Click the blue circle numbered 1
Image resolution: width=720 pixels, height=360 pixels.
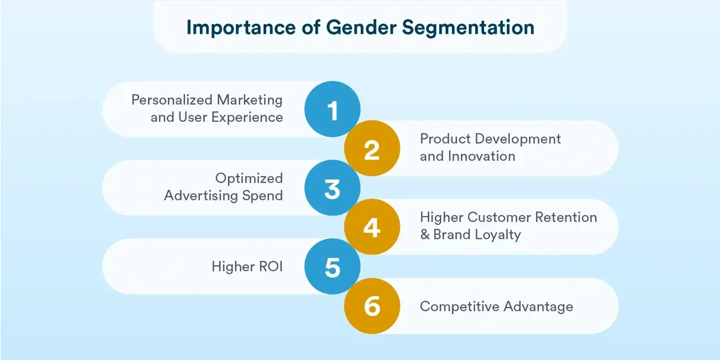pyautogui.click(x=332, y=109)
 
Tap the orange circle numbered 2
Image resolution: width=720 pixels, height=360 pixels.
pyautogui.click(x=372, y=148)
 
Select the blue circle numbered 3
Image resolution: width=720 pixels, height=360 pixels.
pyautogui.click(x=332, y=188)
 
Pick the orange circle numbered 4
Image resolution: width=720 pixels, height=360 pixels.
pyautogui.click(x=372, y=227)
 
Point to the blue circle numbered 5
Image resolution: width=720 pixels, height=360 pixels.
pyautogui.click(x=332, y=266)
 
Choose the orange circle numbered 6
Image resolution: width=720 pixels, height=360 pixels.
pyautogui.click(x=372, y=306)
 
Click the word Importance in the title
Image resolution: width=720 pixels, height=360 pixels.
pyautogui.click(x=241, y=28)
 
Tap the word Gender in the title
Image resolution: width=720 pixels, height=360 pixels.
pyautogui.click(x=361, y=27)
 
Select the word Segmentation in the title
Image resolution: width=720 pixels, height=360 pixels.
pyautogui.click(x=468, y=28)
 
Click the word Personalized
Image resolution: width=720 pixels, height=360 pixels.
pyautogui.click(x=171, y=100)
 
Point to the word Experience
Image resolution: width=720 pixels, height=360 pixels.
pyautogui.click(x=247, y=117)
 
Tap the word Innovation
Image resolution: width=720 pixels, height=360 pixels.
pyautogui.click(x=481, y=156)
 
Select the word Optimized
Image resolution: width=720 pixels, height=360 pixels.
pyautogui.click(x=249, y=179)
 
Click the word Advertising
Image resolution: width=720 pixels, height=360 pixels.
pyautogui.click(x=201, y=196)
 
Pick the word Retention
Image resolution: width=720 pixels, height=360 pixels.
pyautogui.click(x=566, y=217)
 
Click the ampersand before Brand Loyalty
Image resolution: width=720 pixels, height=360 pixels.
pyautogui.click(x=425, y=235)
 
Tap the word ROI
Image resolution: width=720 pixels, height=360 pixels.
pyautogui.click(x=271, y=267)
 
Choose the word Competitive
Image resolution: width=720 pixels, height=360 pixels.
pyautogui.click(x=459, y=307)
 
